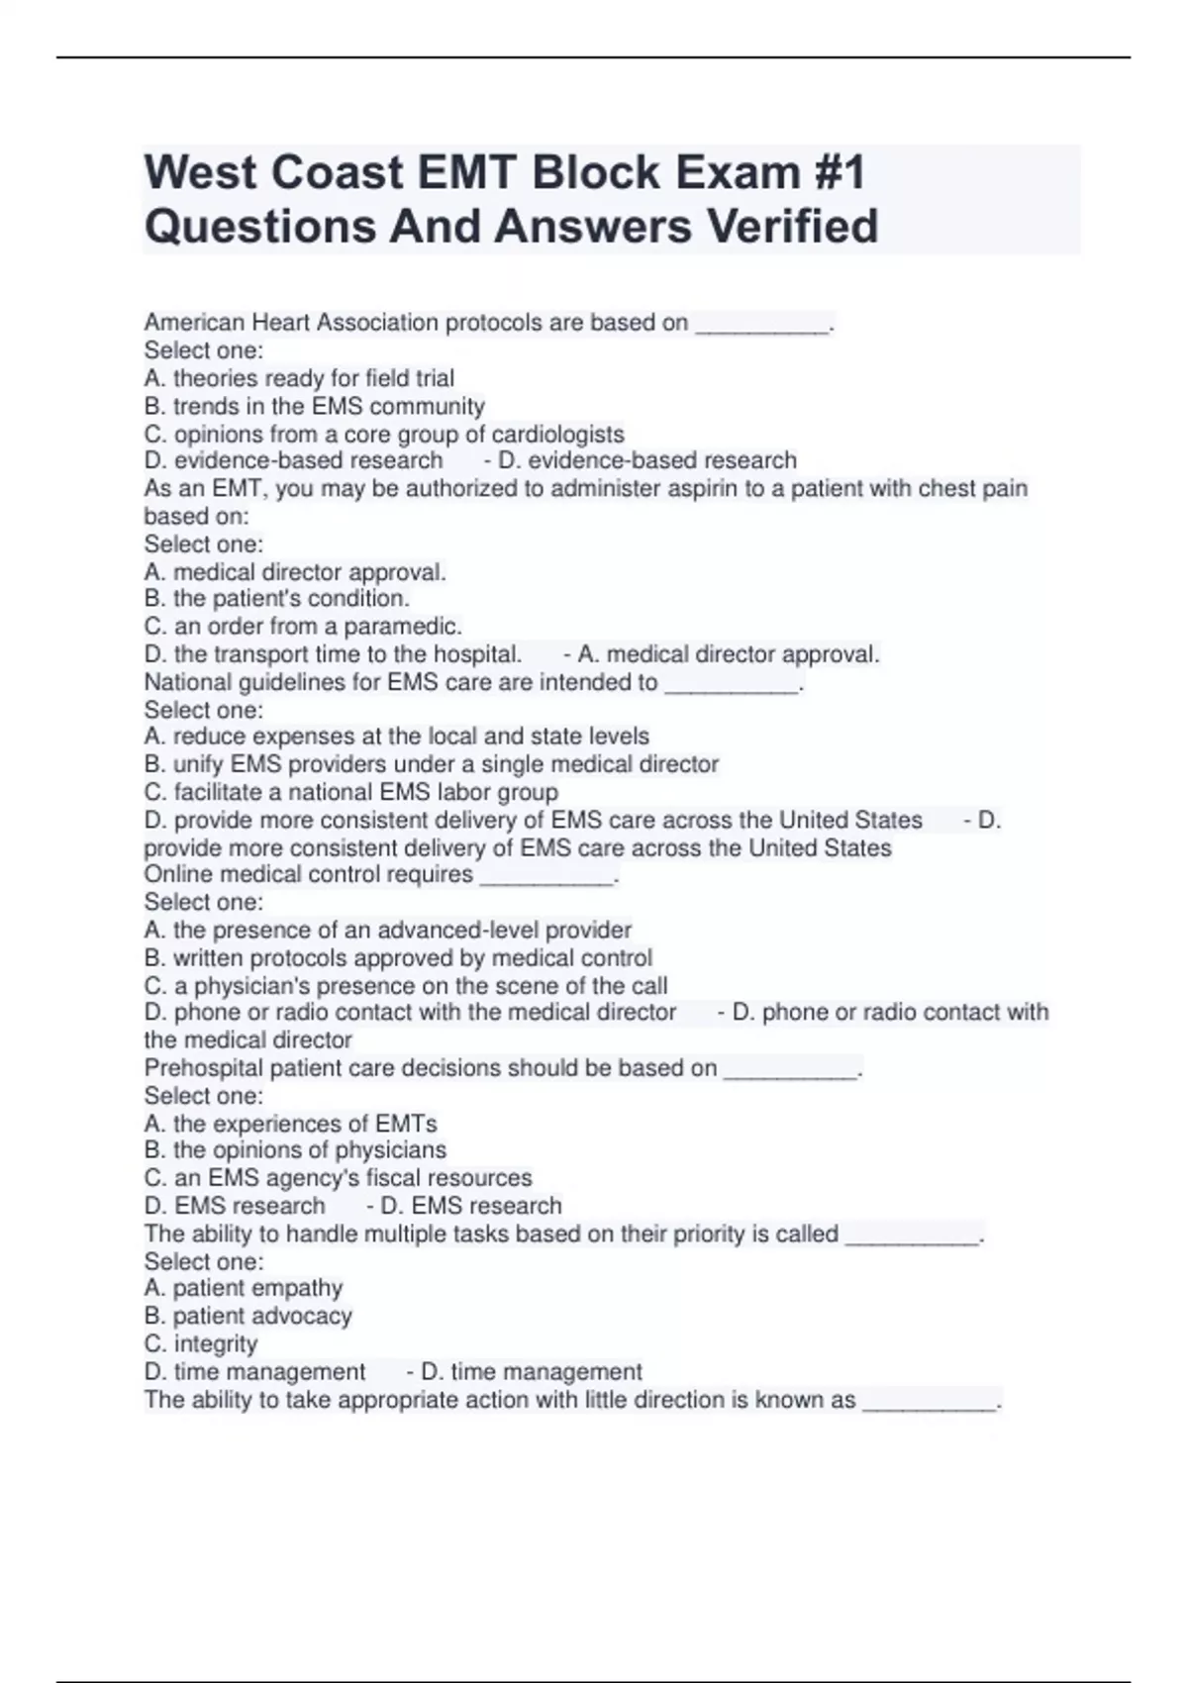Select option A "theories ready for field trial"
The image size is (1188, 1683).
pyautogui.click(x=299, y=378)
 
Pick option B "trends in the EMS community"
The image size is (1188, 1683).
pyautogui.click(x=314, y=406)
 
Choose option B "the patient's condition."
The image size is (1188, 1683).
pyautogui.click(x=276, y=598)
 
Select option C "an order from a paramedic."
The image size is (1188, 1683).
pyautogui.click(x=303, y=626)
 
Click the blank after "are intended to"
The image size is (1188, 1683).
pyautogui.click(x=731, y=683)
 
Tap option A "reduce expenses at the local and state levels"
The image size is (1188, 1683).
pyautogui.click(x=396, y=737)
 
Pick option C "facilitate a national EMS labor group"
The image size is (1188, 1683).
pyautogui.click(x=350, y=792)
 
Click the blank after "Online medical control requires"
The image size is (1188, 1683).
pyautogui.click(x=546, y=875)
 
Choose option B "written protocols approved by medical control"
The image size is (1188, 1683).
pyautogui.click(x=398, y=957)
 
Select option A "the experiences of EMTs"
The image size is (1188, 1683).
pyautogui.click(x=290, y=1124)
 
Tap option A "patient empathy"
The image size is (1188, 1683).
pyautogui.click(x=244, y=1288)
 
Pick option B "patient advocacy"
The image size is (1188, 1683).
pyautogui.click(x=247, y=1316)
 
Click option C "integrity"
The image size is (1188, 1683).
pyautogui.click(x=201, y=1343)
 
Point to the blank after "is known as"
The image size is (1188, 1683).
pyautogui.click(x=930, y=1401)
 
